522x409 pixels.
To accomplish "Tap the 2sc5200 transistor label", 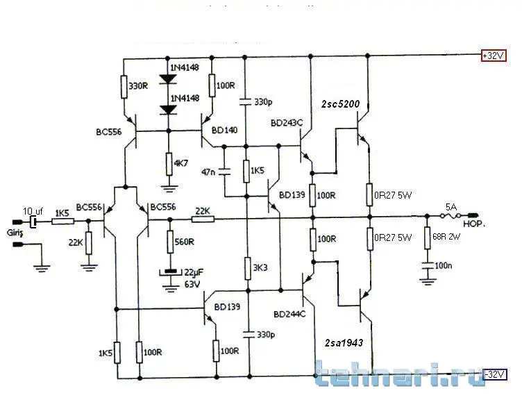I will (340, 104).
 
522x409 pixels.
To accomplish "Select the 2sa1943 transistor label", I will (344, 343).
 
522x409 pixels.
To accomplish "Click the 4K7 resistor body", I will (169, 163).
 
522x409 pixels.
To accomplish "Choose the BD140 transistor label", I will (225, 130).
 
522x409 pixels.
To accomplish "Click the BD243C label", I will (287, 123).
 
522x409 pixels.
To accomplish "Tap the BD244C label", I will (289, 313).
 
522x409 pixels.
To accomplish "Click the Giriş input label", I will (15, 232).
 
